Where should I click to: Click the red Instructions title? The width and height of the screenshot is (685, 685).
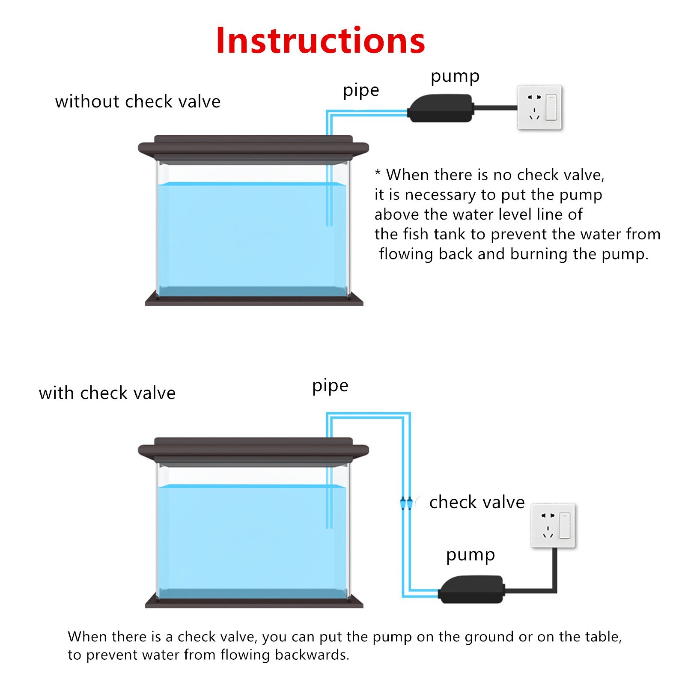tap(321, 40)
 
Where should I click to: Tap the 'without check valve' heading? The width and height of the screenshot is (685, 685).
tap(138, 101)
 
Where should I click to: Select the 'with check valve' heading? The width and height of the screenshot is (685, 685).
tap(107, 393)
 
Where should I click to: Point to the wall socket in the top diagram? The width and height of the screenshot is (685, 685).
tap(539, 107)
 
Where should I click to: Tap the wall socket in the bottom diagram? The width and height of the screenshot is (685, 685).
tap(553, 526)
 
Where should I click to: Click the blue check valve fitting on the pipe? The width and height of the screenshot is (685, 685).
tap(406, 503)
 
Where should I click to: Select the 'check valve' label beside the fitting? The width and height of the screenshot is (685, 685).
tap(477, 502)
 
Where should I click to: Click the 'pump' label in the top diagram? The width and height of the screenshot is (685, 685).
tap(455, 77)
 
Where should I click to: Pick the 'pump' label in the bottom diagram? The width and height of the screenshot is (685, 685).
tap(471, 556)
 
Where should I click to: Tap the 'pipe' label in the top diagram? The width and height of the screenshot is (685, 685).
tap(361, 91)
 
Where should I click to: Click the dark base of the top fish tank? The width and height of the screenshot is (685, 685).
tap(254, 298)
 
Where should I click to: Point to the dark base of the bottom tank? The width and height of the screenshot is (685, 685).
tap(254, 601)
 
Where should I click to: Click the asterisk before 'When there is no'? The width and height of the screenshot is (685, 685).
tap(378, 173)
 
